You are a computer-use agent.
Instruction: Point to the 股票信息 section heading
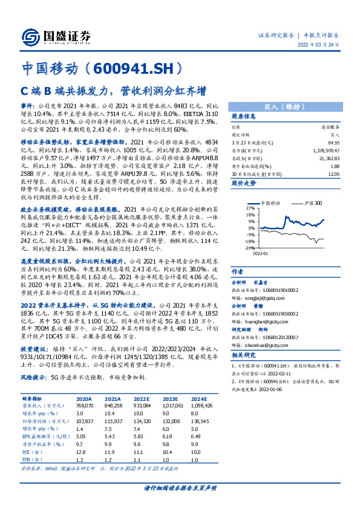pyautogui.click(x=244, y=116)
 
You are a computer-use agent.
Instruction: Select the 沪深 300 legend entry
pyautogui.click(x=313, y=203)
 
